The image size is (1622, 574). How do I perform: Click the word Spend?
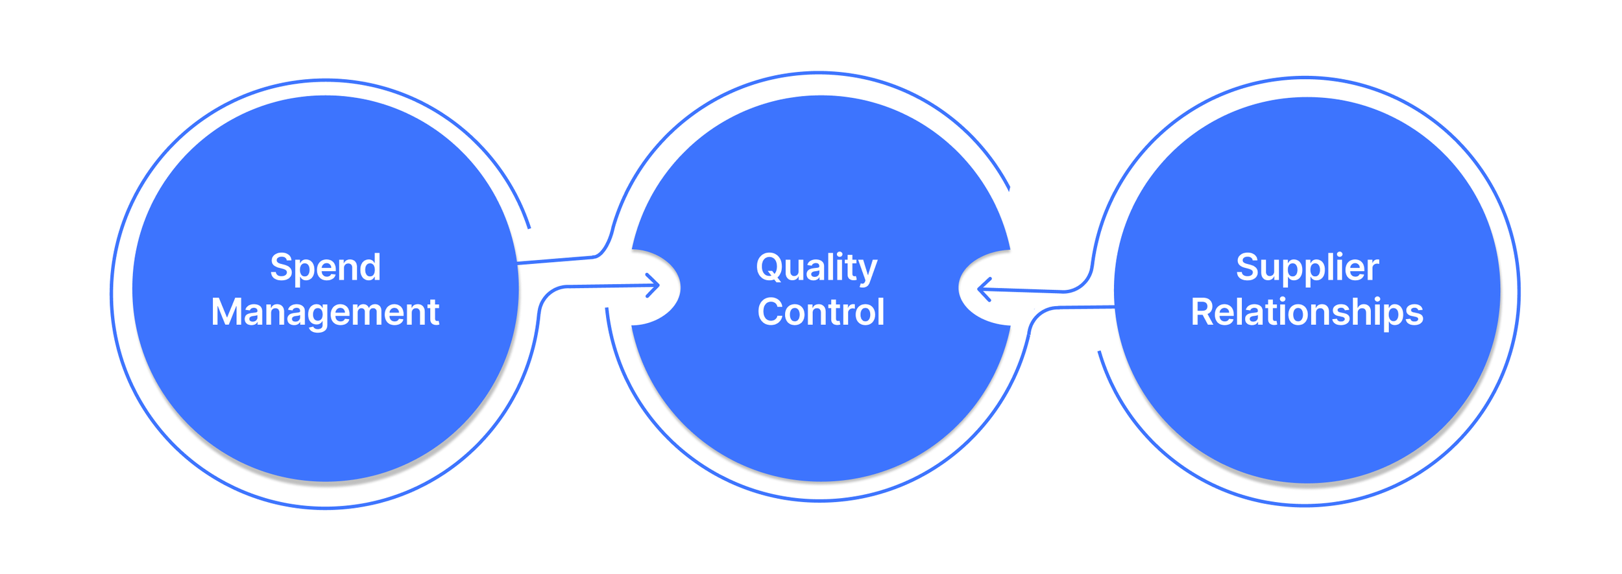pyautogui.click(x=325, y=267)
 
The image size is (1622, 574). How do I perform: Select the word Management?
pyautogui.click(x=325, y=312)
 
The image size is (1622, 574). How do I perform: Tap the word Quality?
pyautogui.click(x=816, y=267)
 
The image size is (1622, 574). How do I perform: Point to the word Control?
pyautogui.click(x=821, y=312)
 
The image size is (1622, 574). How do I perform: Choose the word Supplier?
pyautogui.click(x=1307, y=267)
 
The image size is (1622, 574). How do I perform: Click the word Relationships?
pyautogui.click(x=1307, y=312)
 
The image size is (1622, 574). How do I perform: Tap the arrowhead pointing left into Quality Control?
pyautogui.click(x=984, y=289)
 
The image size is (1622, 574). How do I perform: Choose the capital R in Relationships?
pyautogui.click(x=1203, y=312)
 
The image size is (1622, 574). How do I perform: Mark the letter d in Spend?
pyautogui.click(x=370, y=267)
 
